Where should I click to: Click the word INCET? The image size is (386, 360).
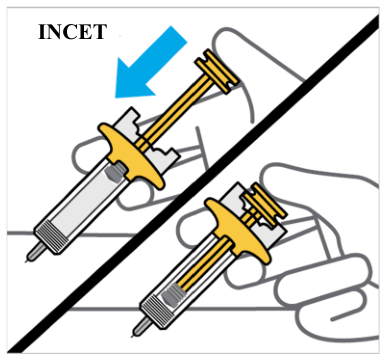coord(72,32)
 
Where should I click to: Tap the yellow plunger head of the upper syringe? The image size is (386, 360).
coord(217,71)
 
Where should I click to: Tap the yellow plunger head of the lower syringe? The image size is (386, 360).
coord(264,204)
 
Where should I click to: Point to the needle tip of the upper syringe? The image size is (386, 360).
coord(25,262)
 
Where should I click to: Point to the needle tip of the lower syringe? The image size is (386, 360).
coord(132,337)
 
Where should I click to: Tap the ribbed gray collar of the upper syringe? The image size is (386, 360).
coord(50,238)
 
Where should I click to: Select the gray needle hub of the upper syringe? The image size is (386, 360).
coord(36,252)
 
